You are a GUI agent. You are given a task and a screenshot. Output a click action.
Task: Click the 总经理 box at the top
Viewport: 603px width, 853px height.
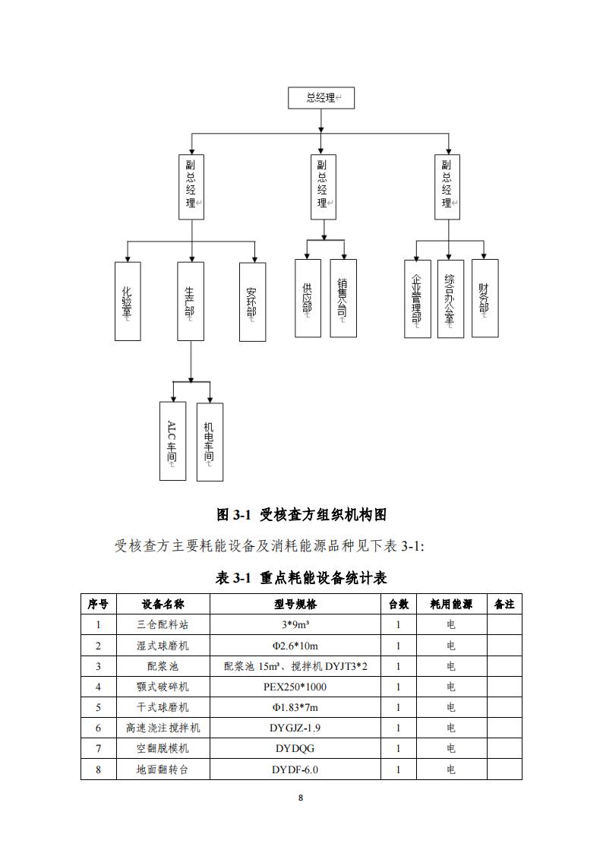click(x=320, y=98)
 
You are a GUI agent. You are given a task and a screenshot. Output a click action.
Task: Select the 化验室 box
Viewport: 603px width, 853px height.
click(x=128, y=302)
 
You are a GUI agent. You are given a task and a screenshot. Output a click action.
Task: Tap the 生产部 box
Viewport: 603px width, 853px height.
click(x=191, y=302)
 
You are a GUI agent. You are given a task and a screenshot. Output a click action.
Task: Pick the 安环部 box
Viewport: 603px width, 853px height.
click(x=253, y=302)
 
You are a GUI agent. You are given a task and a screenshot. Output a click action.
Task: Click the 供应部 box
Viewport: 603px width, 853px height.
click(x=308, y=298)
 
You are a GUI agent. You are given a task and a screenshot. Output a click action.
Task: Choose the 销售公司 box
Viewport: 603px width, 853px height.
click(x=343, y=298)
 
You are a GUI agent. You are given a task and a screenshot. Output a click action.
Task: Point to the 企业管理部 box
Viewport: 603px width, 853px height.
click(x=418, y=299)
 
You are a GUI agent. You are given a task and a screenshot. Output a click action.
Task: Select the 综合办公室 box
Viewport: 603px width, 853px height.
click(x=451, y=299)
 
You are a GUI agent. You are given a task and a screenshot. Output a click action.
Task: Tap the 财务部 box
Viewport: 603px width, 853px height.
click(x=485, y=298)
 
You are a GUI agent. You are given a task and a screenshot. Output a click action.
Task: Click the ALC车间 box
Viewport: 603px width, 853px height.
click(x=173, y=441)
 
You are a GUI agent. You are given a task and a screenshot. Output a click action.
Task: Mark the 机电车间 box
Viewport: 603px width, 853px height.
click(x=210, y=442)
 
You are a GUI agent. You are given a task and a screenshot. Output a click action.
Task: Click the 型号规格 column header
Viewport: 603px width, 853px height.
click(x=295, y=604)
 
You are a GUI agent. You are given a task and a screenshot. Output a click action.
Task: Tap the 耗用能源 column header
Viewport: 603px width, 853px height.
click(x=451, y=604)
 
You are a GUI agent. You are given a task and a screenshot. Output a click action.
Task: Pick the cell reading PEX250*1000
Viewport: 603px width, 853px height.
click(x=295, y=687)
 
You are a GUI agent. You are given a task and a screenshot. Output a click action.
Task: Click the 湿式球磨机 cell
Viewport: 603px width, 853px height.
click(x=163, y=646)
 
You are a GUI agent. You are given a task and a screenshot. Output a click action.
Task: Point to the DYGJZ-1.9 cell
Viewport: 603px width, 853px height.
click(x=295, y=728)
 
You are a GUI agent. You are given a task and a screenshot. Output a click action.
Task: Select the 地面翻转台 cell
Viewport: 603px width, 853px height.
click(x=163, y=769)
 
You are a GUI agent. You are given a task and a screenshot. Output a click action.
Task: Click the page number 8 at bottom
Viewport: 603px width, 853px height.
click(x=301, y=798)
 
